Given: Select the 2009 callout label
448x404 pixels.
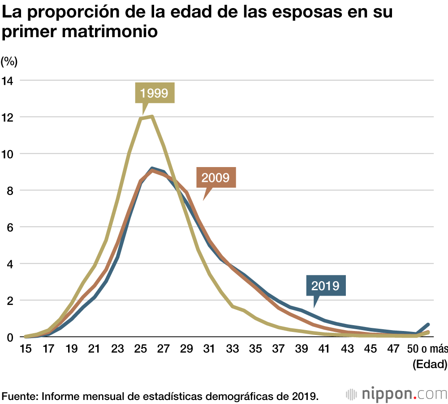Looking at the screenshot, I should click(x=216, y=177).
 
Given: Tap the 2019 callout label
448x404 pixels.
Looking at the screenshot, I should click(x=325, y=285).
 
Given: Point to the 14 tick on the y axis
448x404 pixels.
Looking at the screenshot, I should click(x=9, y=81).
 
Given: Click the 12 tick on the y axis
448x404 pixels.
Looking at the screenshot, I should click(x=9, y=117).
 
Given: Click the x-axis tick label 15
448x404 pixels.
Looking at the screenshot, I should click(x=26, y=348).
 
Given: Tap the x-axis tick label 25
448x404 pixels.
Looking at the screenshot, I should click(x=141, y=348).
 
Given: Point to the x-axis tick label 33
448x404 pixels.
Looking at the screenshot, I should click(x=233, y=348).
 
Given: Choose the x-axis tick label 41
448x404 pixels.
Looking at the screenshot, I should click(x=325, y=348).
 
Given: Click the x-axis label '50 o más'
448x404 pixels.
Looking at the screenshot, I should click(x=428, y=348).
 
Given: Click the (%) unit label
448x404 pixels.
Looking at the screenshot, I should click(x=9, y=60).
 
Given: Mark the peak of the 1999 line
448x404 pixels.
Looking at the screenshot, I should click(x=152, y=117).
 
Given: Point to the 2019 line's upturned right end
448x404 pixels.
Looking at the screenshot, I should click(x=428, y=324).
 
